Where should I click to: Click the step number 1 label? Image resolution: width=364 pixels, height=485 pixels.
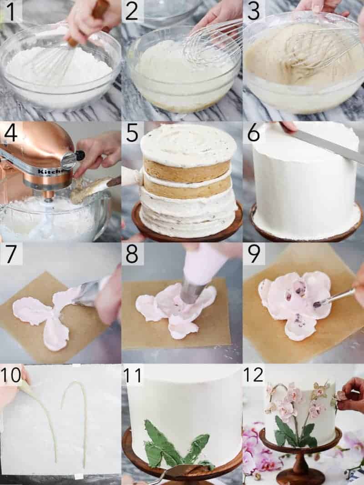(x=10, y=11)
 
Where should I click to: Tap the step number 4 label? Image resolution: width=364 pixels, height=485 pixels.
(x=10, y=133)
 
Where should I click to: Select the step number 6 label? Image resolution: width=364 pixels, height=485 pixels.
(x=253, y=133)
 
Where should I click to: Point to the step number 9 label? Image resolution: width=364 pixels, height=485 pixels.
(x=253, y=254)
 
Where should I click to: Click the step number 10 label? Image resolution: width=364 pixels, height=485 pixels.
(x=11, y=375)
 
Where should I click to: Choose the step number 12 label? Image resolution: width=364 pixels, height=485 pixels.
(x=253, y=375)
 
